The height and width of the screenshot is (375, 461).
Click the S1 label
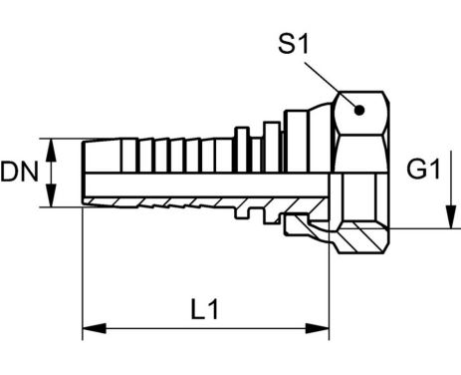(x=294, y=45)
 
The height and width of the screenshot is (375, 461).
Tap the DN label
(x=20, y=172)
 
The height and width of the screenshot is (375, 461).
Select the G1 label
(x=423, y=169)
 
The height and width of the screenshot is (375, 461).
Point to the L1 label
(x=205, y=309)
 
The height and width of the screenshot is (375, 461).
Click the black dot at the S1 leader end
(x=359, y=110)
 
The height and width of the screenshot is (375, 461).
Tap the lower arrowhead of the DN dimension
(x=51, y=195)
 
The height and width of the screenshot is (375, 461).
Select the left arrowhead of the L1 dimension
(x=95, y=328)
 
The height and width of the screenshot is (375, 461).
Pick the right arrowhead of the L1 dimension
(x=318, y=328)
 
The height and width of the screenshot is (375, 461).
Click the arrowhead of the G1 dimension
(x=451, y=217)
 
